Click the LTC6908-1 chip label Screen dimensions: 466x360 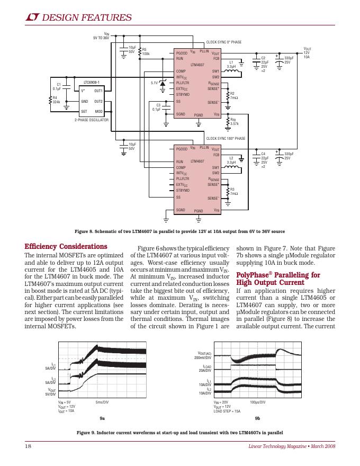tap(92, 83)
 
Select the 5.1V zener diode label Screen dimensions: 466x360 tap(154, 83)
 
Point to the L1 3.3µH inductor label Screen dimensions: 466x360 tap(231, 64)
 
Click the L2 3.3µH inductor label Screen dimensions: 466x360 tap(231, 160)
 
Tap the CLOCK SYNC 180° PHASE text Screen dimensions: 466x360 tap(226, 138)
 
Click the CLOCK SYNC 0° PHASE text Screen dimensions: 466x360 tap(224, 42)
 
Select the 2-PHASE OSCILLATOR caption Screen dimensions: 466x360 tap(92, 120)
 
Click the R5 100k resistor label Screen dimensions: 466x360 tap(146, 52)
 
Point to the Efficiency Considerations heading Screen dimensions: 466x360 tap(66, 246)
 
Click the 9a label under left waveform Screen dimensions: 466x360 tap(102, 418)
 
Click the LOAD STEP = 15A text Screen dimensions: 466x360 tap(227, 411)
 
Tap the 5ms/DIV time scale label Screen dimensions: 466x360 tap(102, 402)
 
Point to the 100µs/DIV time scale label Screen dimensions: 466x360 tap(257, 402)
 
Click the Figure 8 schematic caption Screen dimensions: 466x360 tap(180, 231)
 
